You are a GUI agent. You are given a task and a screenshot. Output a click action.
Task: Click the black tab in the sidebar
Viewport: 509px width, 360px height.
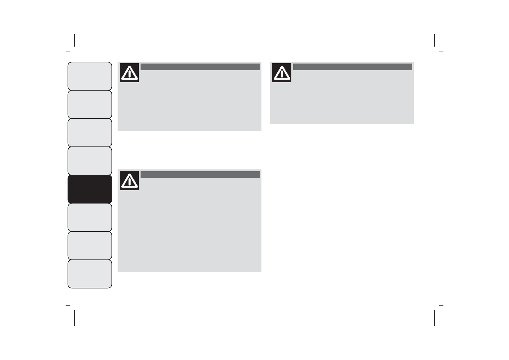(x=90, y=189)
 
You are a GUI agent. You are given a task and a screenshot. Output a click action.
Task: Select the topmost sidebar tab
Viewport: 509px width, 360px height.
(x=90, y=76)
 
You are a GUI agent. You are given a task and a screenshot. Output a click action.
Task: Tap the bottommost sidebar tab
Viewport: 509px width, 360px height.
(x=90, y=274)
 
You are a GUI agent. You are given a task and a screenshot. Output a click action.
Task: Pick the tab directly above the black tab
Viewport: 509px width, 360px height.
(x=90, y=161)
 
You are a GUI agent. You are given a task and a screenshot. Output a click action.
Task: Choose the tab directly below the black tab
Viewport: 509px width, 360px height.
(x=90, y=217)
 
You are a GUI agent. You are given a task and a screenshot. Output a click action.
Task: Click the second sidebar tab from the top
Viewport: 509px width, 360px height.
(x=90, y=104)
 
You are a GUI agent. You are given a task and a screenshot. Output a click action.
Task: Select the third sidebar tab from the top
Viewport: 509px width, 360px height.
(x=90, y=133)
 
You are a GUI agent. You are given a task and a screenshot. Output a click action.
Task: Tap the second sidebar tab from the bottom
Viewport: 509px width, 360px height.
(x=90, y=246)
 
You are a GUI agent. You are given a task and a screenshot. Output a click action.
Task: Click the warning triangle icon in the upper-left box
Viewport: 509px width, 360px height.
(x=129, y=73)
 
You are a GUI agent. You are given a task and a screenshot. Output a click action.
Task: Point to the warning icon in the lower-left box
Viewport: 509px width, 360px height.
(x=129, y=181)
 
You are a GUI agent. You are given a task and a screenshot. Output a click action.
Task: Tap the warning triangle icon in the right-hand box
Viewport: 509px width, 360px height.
(x=282, y=73)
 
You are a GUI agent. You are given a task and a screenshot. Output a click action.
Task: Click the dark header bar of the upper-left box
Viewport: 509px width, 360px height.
(x=200, y=67)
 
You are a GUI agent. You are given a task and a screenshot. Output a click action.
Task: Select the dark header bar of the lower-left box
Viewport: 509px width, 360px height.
(x=200, y=175)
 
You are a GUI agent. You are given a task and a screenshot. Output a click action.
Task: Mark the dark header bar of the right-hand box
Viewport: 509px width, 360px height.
(x=352, y=67)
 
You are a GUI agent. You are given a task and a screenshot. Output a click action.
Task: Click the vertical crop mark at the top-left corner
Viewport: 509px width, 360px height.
(x=74, y=40)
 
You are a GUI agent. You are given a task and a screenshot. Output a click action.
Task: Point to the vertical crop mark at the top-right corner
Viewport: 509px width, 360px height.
(x=434, y=40)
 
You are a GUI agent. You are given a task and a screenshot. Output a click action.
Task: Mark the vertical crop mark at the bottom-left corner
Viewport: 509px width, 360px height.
(x=74, y=318)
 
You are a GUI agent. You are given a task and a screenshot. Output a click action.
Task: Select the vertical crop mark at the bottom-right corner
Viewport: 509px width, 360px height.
(x=434, y=318)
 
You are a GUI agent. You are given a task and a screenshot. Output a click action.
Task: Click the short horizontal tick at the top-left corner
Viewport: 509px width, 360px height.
(x=68, y=51)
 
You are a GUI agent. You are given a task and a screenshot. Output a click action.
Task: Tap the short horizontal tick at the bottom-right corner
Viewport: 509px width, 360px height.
(x=441, y=306)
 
